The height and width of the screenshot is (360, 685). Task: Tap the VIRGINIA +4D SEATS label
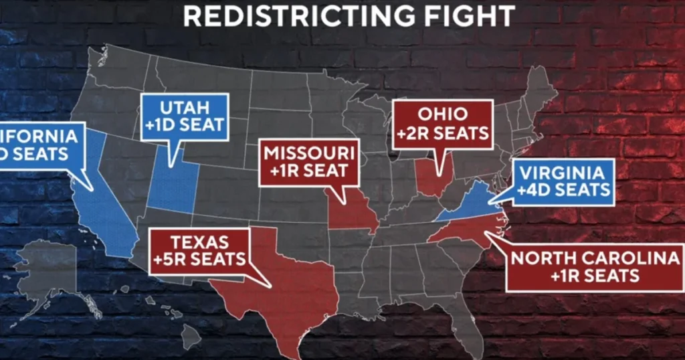coord(563,181)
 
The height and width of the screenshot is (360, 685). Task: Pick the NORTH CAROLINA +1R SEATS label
coord(595,267)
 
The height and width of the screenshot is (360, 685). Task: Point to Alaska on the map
coord(50,274)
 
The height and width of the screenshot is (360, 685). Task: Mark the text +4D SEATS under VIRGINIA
coord(563,189)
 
